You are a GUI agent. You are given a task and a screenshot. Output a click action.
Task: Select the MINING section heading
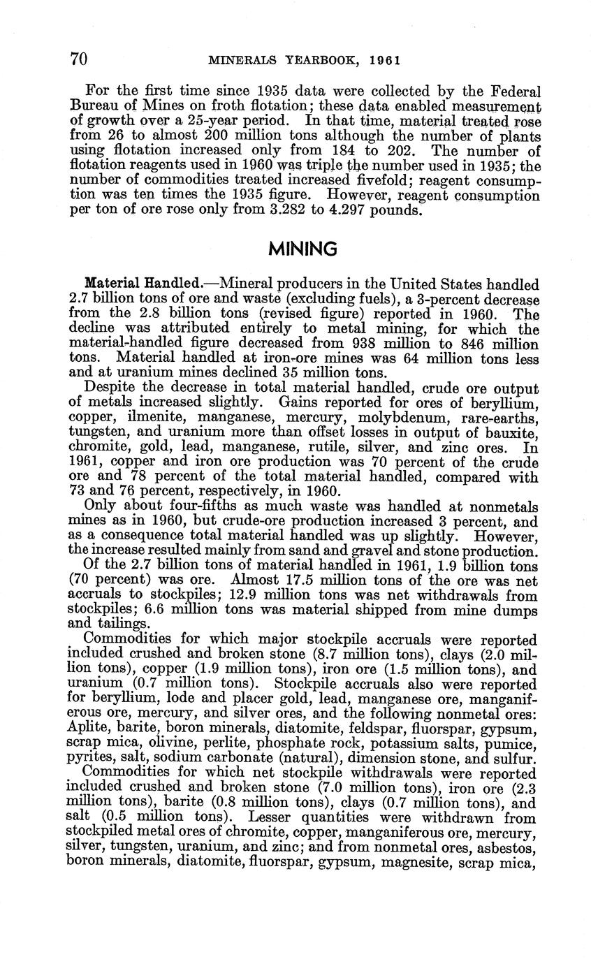[302, 249]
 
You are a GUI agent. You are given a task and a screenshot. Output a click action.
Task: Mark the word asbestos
[511, 847]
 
